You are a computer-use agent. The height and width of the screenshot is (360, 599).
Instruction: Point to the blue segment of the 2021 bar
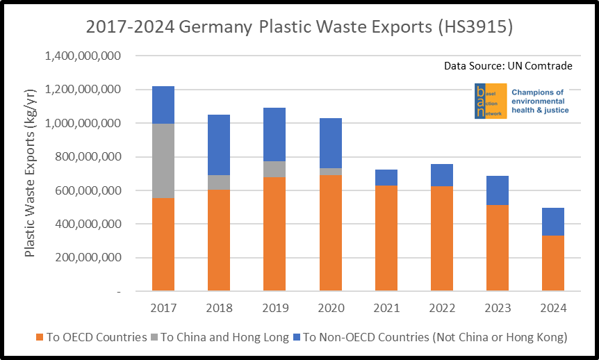386,177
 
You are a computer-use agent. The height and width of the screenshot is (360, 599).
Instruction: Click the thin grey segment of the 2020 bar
331,172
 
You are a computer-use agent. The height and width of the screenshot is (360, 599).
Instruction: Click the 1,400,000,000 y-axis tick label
83,56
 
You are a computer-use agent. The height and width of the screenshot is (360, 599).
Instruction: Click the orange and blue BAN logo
491,101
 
